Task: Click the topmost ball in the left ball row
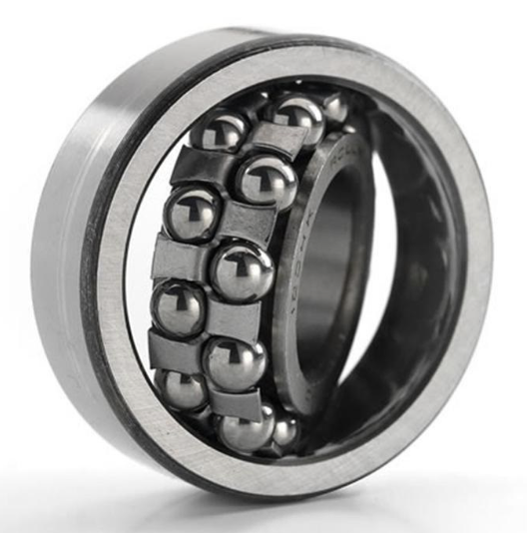coord(220,131)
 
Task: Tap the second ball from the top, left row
coord(194,212)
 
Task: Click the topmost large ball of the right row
coord(298,115)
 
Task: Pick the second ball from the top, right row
coord(264,182)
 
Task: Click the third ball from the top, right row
coord(241,270)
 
